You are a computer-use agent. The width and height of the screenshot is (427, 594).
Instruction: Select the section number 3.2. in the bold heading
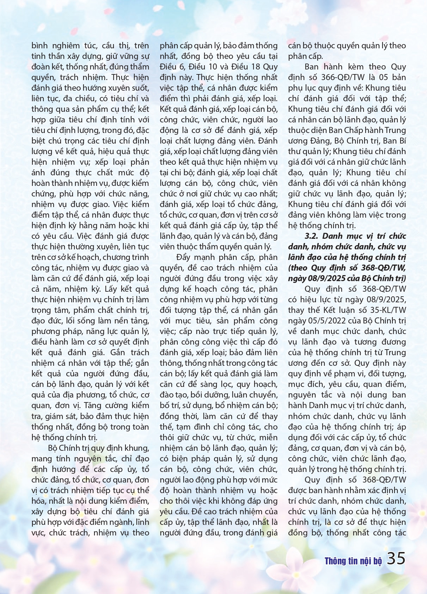(x=311, y=236)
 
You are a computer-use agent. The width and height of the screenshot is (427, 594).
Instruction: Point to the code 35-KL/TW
(x=382, y=310)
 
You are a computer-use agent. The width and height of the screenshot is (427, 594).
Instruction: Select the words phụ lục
(x=301, y=88)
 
